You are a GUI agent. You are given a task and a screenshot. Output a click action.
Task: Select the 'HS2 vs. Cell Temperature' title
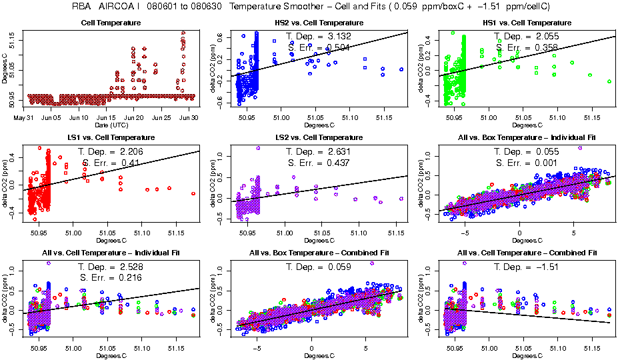click(316, 23)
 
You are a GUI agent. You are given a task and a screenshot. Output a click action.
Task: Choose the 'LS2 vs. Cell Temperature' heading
click(316, 137)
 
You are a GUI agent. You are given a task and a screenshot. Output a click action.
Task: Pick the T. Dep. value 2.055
click(545, 36)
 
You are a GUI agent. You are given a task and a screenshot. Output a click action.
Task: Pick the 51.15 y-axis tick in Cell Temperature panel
click(15, 42)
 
